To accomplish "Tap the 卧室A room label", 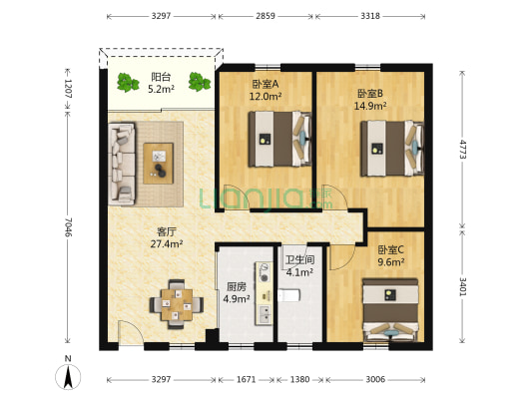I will click(x=265, y=84).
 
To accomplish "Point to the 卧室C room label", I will click(x=389, y=250).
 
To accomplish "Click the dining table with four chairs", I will click(x=177, y=303).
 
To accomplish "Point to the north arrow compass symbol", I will click(x=67, y=375).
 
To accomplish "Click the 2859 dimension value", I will click(x=266, y=17).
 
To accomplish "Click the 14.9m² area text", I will click(x=371, y=107).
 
